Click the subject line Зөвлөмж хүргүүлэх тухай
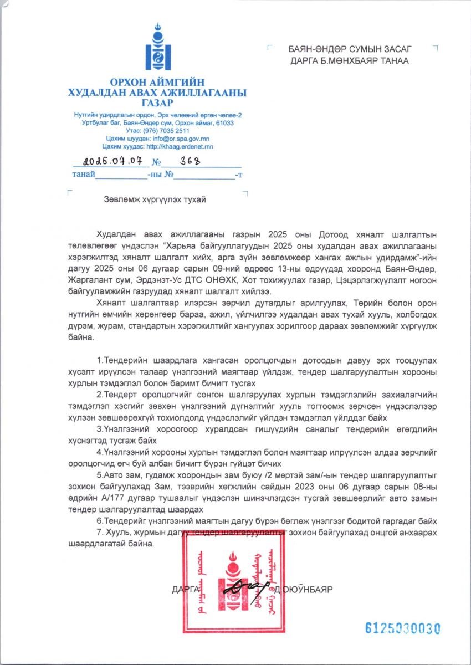(155, 199)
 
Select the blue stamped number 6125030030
(403, 628)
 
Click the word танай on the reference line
(83, 175)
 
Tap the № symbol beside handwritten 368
(156, 163)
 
